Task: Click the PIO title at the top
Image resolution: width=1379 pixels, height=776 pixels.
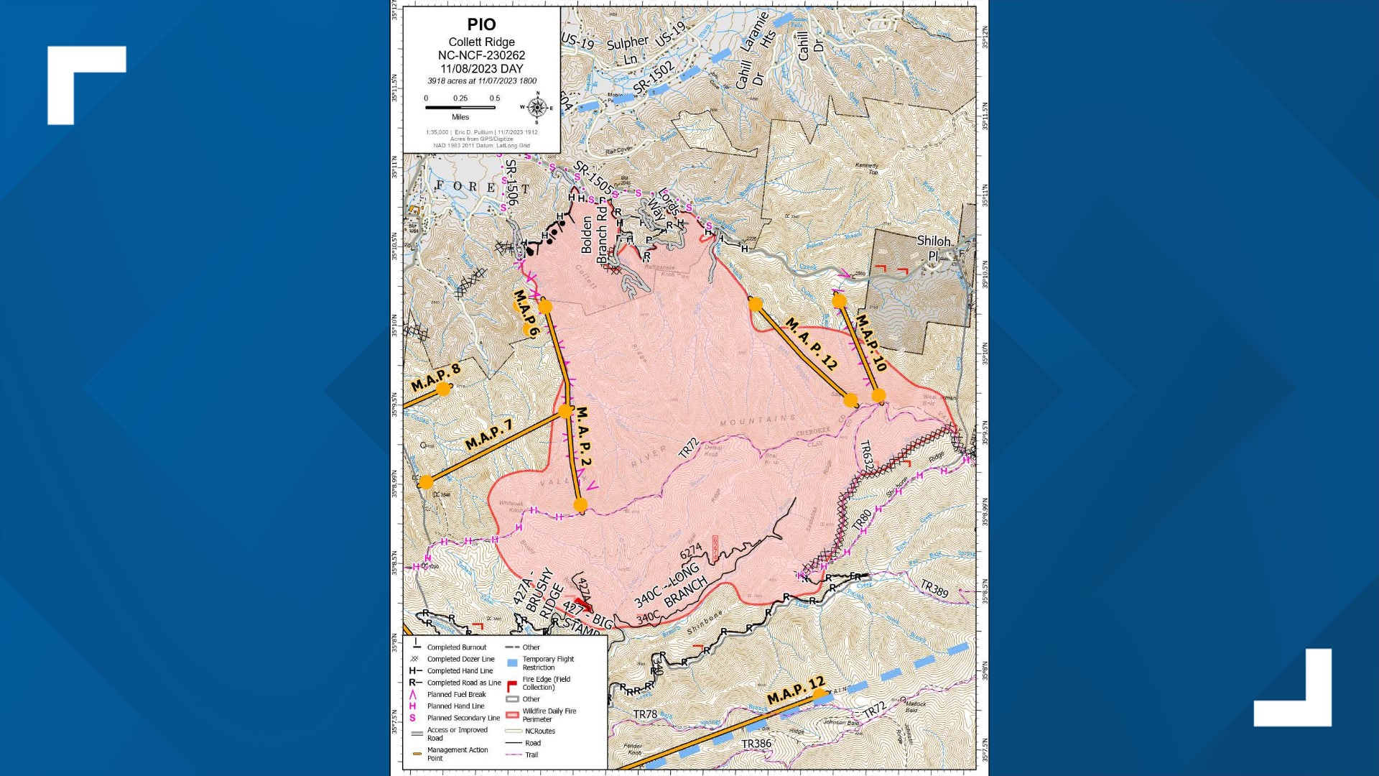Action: (481, 24)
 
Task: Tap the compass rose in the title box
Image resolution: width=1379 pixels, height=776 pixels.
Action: (537, 108)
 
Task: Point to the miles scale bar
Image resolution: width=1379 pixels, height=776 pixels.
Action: (460, 108)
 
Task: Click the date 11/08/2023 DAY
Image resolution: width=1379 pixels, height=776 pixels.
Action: (481, 68)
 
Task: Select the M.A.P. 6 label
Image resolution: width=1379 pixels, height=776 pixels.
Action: (526, 313)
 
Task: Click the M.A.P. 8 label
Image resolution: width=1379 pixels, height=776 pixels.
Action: (435, 377)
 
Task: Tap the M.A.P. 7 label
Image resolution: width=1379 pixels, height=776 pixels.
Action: (488, 435)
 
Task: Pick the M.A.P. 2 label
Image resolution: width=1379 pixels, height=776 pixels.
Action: (584, 437)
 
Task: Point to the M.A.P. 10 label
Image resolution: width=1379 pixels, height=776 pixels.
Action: (871, 343)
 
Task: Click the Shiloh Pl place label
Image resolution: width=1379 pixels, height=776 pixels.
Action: (934, 248)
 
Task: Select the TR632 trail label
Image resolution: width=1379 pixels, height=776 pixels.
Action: (866, 457)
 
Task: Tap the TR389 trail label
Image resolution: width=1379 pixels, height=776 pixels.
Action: (934, 588)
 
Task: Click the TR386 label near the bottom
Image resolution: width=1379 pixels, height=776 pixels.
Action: (756, 744)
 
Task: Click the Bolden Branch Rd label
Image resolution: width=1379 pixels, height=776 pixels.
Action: (594, 235)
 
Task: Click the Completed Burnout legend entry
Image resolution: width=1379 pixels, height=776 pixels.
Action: (456, 647)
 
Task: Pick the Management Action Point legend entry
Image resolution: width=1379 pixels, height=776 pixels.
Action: (457, 754)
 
